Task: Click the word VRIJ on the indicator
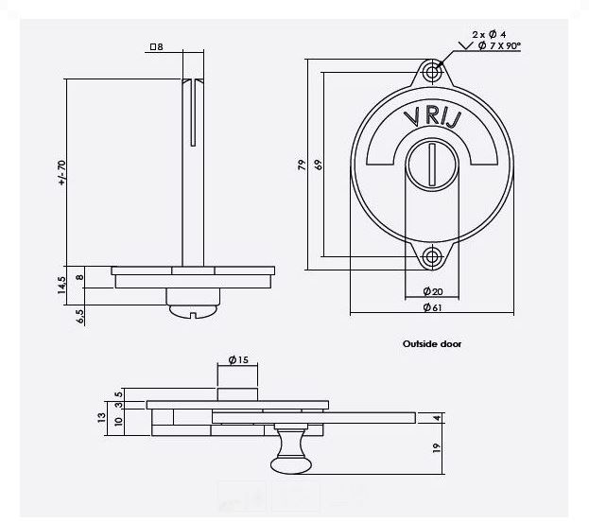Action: coord(431,121)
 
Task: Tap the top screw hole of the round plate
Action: coord(433,72)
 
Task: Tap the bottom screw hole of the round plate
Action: coord(433,256)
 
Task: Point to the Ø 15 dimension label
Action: coord(238,359)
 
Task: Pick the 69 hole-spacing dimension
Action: coord(319,164)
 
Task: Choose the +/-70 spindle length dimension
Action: coord(63,171)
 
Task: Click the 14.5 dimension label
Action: coord(61,287)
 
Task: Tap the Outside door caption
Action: coord(432,344)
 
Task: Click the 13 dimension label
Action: coord(102,417)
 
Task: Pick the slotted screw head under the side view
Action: coord(194,306)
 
